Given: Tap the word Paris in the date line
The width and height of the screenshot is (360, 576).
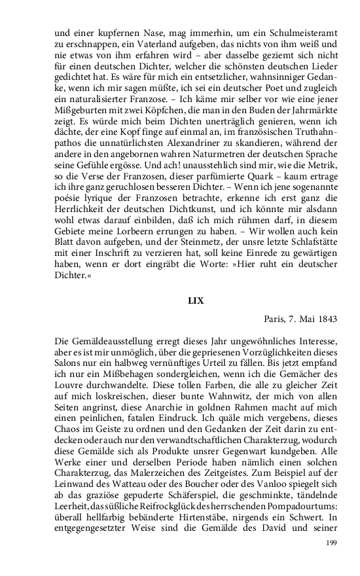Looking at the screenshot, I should click(x=277, y=319).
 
